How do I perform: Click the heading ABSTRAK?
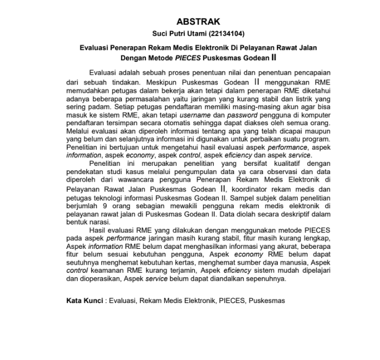198,22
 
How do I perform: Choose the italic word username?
193,116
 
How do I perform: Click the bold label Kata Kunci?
84,300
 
